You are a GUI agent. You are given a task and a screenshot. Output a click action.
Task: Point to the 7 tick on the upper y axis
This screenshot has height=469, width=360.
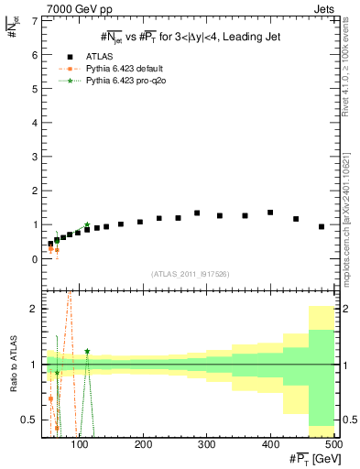click(36, 20)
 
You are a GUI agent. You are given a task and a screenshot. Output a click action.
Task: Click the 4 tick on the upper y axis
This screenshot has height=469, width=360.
click(36, 123)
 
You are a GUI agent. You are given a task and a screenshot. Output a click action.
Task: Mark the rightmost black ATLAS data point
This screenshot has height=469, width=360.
click(322, 226)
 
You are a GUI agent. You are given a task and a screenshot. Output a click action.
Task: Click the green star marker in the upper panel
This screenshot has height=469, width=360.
click(86, 224)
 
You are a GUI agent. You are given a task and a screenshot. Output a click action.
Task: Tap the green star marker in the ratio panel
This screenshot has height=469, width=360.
click(87, 351)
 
